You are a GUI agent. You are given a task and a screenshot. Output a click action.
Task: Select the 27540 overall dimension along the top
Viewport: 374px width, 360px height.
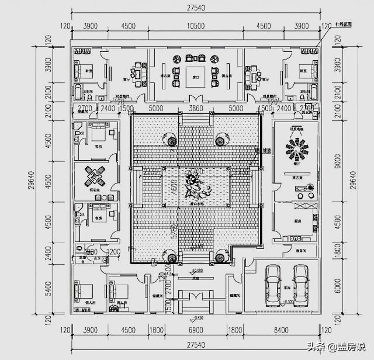coord(195,8)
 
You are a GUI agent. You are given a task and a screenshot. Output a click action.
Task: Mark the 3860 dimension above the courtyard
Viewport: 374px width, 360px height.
coord(194,109)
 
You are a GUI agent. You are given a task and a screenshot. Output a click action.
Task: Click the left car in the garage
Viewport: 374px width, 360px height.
coord(272,285)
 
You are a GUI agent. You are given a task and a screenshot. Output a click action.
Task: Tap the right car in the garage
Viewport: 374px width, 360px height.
coord(300,285)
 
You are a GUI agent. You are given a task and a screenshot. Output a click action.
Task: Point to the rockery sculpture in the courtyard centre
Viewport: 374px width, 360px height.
coord(193,185)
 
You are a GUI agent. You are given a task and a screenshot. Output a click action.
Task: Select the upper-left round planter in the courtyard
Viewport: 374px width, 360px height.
coord(171,140)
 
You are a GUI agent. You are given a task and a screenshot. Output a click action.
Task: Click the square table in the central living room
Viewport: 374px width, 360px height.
coord(194,75)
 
